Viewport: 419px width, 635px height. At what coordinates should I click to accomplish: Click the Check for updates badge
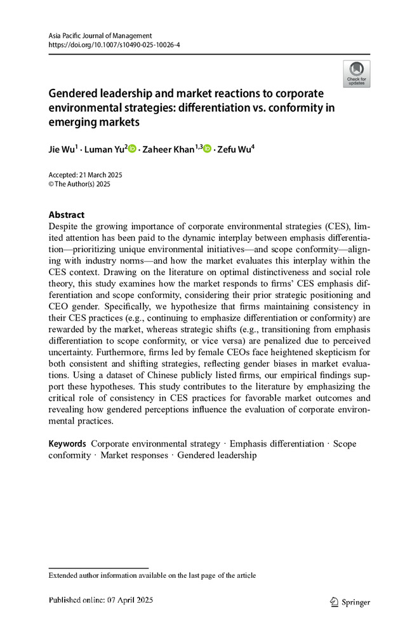[356, 74]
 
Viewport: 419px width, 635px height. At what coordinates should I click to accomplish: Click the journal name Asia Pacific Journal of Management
[100, 36]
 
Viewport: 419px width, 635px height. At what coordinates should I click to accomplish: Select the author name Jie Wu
[62, 149]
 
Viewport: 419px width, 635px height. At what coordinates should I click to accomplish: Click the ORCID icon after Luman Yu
[132, 149]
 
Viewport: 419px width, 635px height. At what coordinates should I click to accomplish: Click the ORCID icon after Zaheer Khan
[207, 149]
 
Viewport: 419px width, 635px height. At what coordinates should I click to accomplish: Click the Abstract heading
[67, 215]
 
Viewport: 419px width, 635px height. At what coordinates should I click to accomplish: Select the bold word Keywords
[67, 444]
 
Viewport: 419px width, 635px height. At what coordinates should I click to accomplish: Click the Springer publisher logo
[350, 602]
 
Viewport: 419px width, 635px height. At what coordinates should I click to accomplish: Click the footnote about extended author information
[152, 575]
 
